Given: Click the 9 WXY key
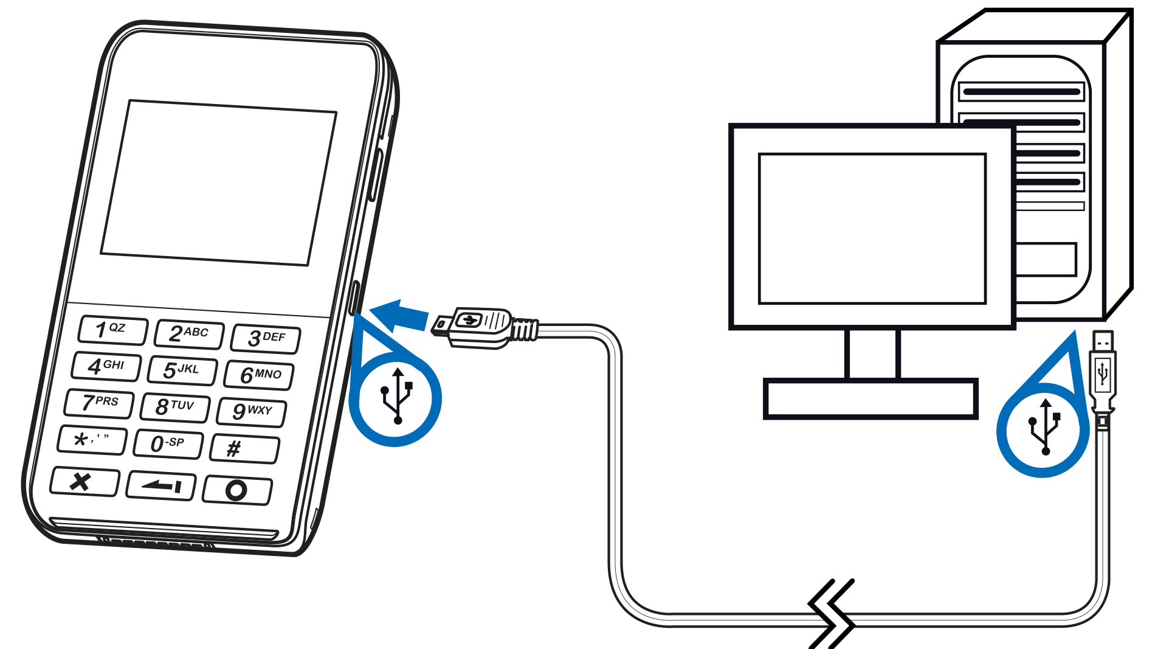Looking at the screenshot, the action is pos(252,412).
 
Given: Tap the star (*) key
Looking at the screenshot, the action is pos(92,440).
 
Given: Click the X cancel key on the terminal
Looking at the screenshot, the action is pos(84,482).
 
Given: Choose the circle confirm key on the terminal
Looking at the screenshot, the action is pos(237,490).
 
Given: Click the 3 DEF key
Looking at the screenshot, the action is pos(266,338).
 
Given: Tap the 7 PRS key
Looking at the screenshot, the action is pos(99,403).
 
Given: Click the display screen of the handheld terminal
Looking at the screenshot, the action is pos(219,183).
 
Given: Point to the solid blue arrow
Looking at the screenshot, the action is pos(399,316).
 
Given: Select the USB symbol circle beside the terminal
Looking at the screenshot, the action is pos(395,398).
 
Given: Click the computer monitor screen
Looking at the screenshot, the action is pos(872,228).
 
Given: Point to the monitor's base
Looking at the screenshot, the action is pos(871,399).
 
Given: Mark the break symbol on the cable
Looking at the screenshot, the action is pos(832,613).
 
